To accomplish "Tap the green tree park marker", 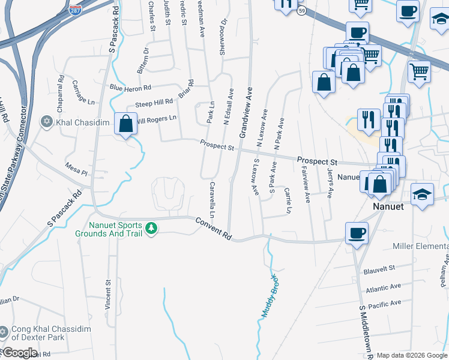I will tap(152, 229).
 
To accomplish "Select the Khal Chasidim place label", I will tap(83, 122).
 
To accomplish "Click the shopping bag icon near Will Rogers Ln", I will tap(125, 124).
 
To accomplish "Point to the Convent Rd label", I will tap(213, 229).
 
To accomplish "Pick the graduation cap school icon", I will tap(423, 194).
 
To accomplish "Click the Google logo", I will tap(19, 353).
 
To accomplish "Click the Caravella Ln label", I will tap(212, 199).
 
